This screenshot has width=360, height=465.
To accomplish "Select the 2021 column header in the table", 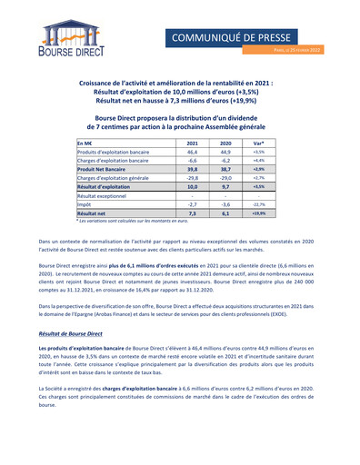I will pos(192,143).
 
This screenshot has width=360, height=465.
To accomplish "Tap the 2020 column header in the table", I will pos(226,143).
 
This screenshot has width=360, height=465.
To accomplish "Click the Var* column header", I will pos(259,143).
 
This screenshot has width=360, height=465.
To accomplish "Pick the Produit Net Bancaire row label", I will pos(102,169).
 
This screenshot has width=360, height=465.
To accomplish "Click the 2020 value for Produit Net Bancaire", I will pos(226,169).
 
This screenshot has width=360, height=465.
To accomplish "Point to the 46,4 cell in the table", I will pos(192,152).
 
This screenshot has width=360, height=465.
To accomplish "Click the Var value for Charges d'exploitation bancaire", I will pos(259,160).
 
